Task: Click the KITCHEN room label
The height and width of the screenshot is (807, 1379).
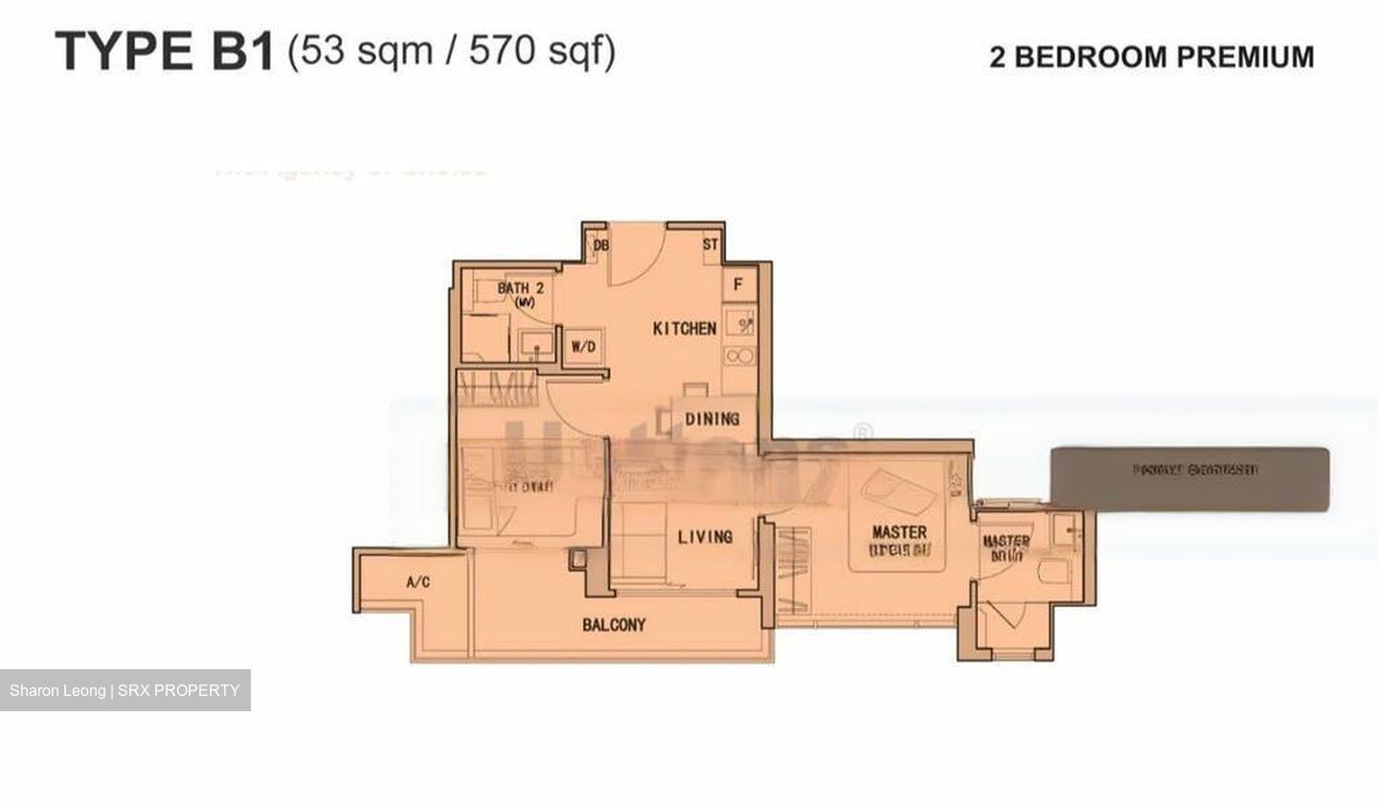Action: click(684, 328)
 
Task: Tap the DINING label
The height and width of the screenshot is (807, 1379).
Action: click(712, 418)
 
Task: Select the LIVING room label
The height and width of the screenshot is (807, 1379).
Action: click(705, 537)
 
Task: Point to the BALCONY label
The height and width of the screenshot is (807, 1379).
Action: click(614, 625)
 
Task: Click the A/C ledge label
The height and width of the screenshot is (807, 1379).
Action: click(418, 582)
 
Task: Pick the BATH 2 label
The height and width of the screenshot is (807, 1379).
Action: click(520, 288)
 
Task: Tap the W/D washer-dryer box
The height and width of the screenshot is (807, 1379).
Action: click(583, 347)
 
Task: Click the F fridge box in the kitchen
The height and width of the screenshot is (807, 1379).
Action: click(738, 285)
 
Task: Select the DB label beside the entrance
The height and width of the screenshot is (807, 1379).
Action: click(600, 246)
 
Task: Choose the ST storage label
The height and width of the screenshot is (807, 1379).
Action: click(710, 245)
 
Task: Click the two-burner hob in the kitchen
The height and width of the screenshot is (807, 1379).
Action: click(739, 356)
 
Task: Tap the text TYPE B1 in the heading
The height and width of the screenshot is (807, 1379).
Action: click(165, 52)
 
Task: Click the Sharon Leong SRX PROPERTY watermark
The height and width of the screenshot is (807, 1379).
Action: click(124, 690)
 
